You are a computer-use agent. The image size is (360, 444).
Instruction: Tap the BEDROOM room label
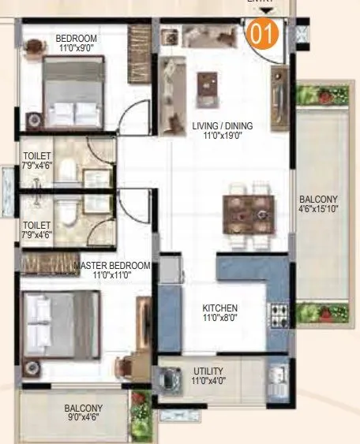[x=77, y=38]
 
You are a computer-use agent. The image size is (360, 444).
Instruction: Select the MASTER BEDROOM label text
[x=111, y=266]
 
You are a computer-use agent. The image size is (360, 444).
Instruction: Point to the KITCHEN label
[x=220, y=308]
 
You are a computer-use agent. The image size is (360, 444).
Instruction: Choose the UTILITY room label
[x=208, y=371]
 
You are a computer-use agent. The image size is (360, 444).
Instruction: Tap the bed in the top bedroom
[x=72, y=88]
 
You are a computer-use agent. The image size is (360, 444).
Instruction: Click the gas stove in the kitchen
[x=279, y=315]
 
